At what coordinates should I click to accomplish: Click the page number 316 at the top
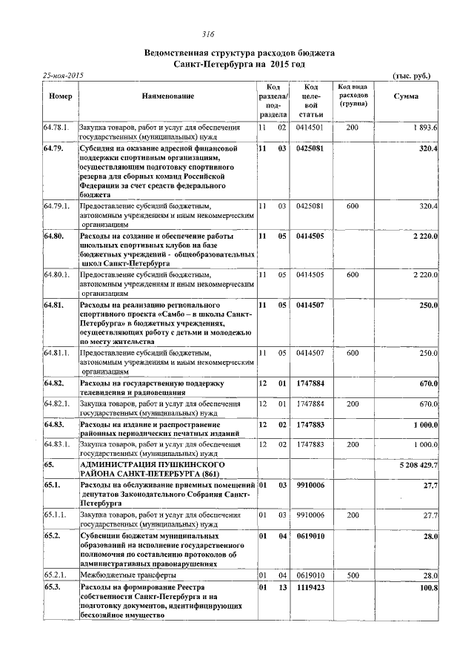point(208,34)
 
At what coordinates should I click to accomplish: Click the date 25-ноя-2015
point(63,76)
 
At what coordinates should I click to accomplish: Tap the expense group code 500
point(353,575)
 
